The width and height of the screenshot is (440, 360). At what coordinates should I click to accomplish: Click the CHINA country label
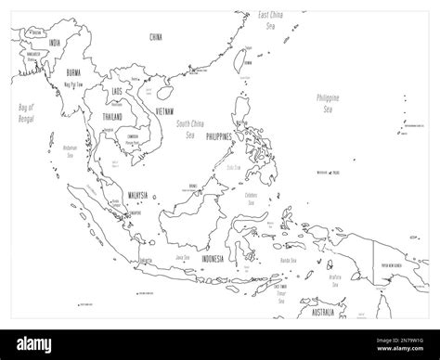(155, 36)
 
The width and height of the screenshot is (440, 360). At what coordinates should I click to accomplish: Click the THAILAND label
(110, 117)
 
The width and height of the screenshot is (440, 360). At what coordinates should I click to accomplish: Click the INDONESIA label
(213, 259)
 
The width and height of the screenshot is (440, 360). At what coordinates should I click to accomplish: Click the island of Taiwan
(246, 57)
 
